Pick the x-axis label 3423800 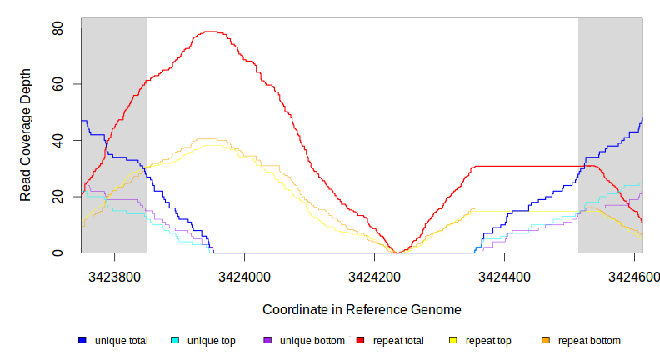click(115, 275)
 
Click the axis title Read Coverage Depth click(26, 135)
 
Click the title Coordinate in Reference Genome click(362, 309)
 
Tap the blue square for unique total click(82, 340)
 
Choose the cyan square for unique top click(175, 340)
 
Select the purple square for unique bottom click(267, 340)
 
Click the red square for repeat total click(361, 340)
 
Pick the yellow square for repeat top click(453, 340)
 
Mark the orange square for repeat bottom click(546, 340)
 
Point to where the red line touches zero click(400, 252)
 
